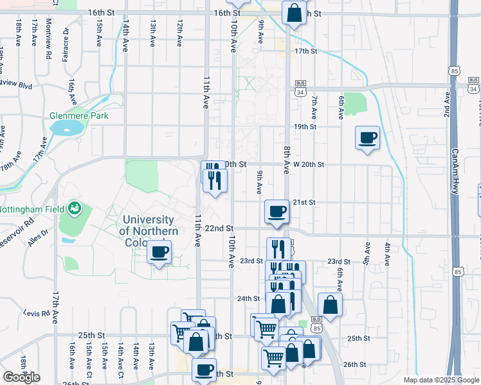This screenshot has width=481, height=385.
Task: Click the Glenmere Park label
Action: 79,116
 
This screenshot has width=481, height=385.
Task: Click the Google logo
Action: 21,377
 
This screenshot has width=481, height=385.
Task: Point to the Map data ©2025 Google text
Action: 441,380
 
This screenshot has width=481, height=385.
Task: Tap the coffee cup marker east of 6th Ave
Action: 367,138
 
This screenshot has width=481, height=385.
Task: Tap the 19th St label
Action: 305,127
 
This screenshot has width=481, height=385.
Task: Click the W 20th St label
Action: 308,164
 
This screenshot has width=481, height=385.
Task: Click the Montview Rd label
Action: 49,38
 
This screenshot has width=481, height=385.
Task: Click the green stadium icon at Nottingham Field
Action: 75,208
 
